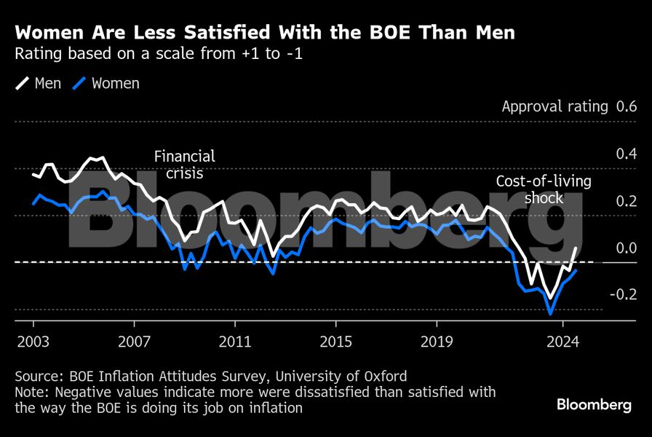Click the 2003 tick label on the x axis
click(x=33, y=341)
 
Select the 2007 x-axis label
click(x=134, y=341)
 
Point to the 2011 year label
click(x=234, y=341)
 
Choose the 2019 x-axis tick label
click(x=436, y=341)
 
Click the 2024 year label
click(x=562, y=341)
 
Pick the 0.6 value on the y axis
click(x=626, y=106)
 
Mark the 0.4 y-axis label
click(x=626, y=154)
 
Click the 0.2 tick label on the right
click(x=626, y=201)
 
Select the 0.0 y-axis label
click(x=626, y=248)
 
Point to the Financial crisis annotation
click(x=184, y=165)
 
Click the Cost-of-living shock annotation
click(x=544, y=189)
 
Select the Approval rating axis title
click(x=554, y=106)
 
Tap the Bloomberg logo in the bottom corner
click(x=594, y=405)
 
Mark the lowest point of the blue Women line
click(x=551, y=314)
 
